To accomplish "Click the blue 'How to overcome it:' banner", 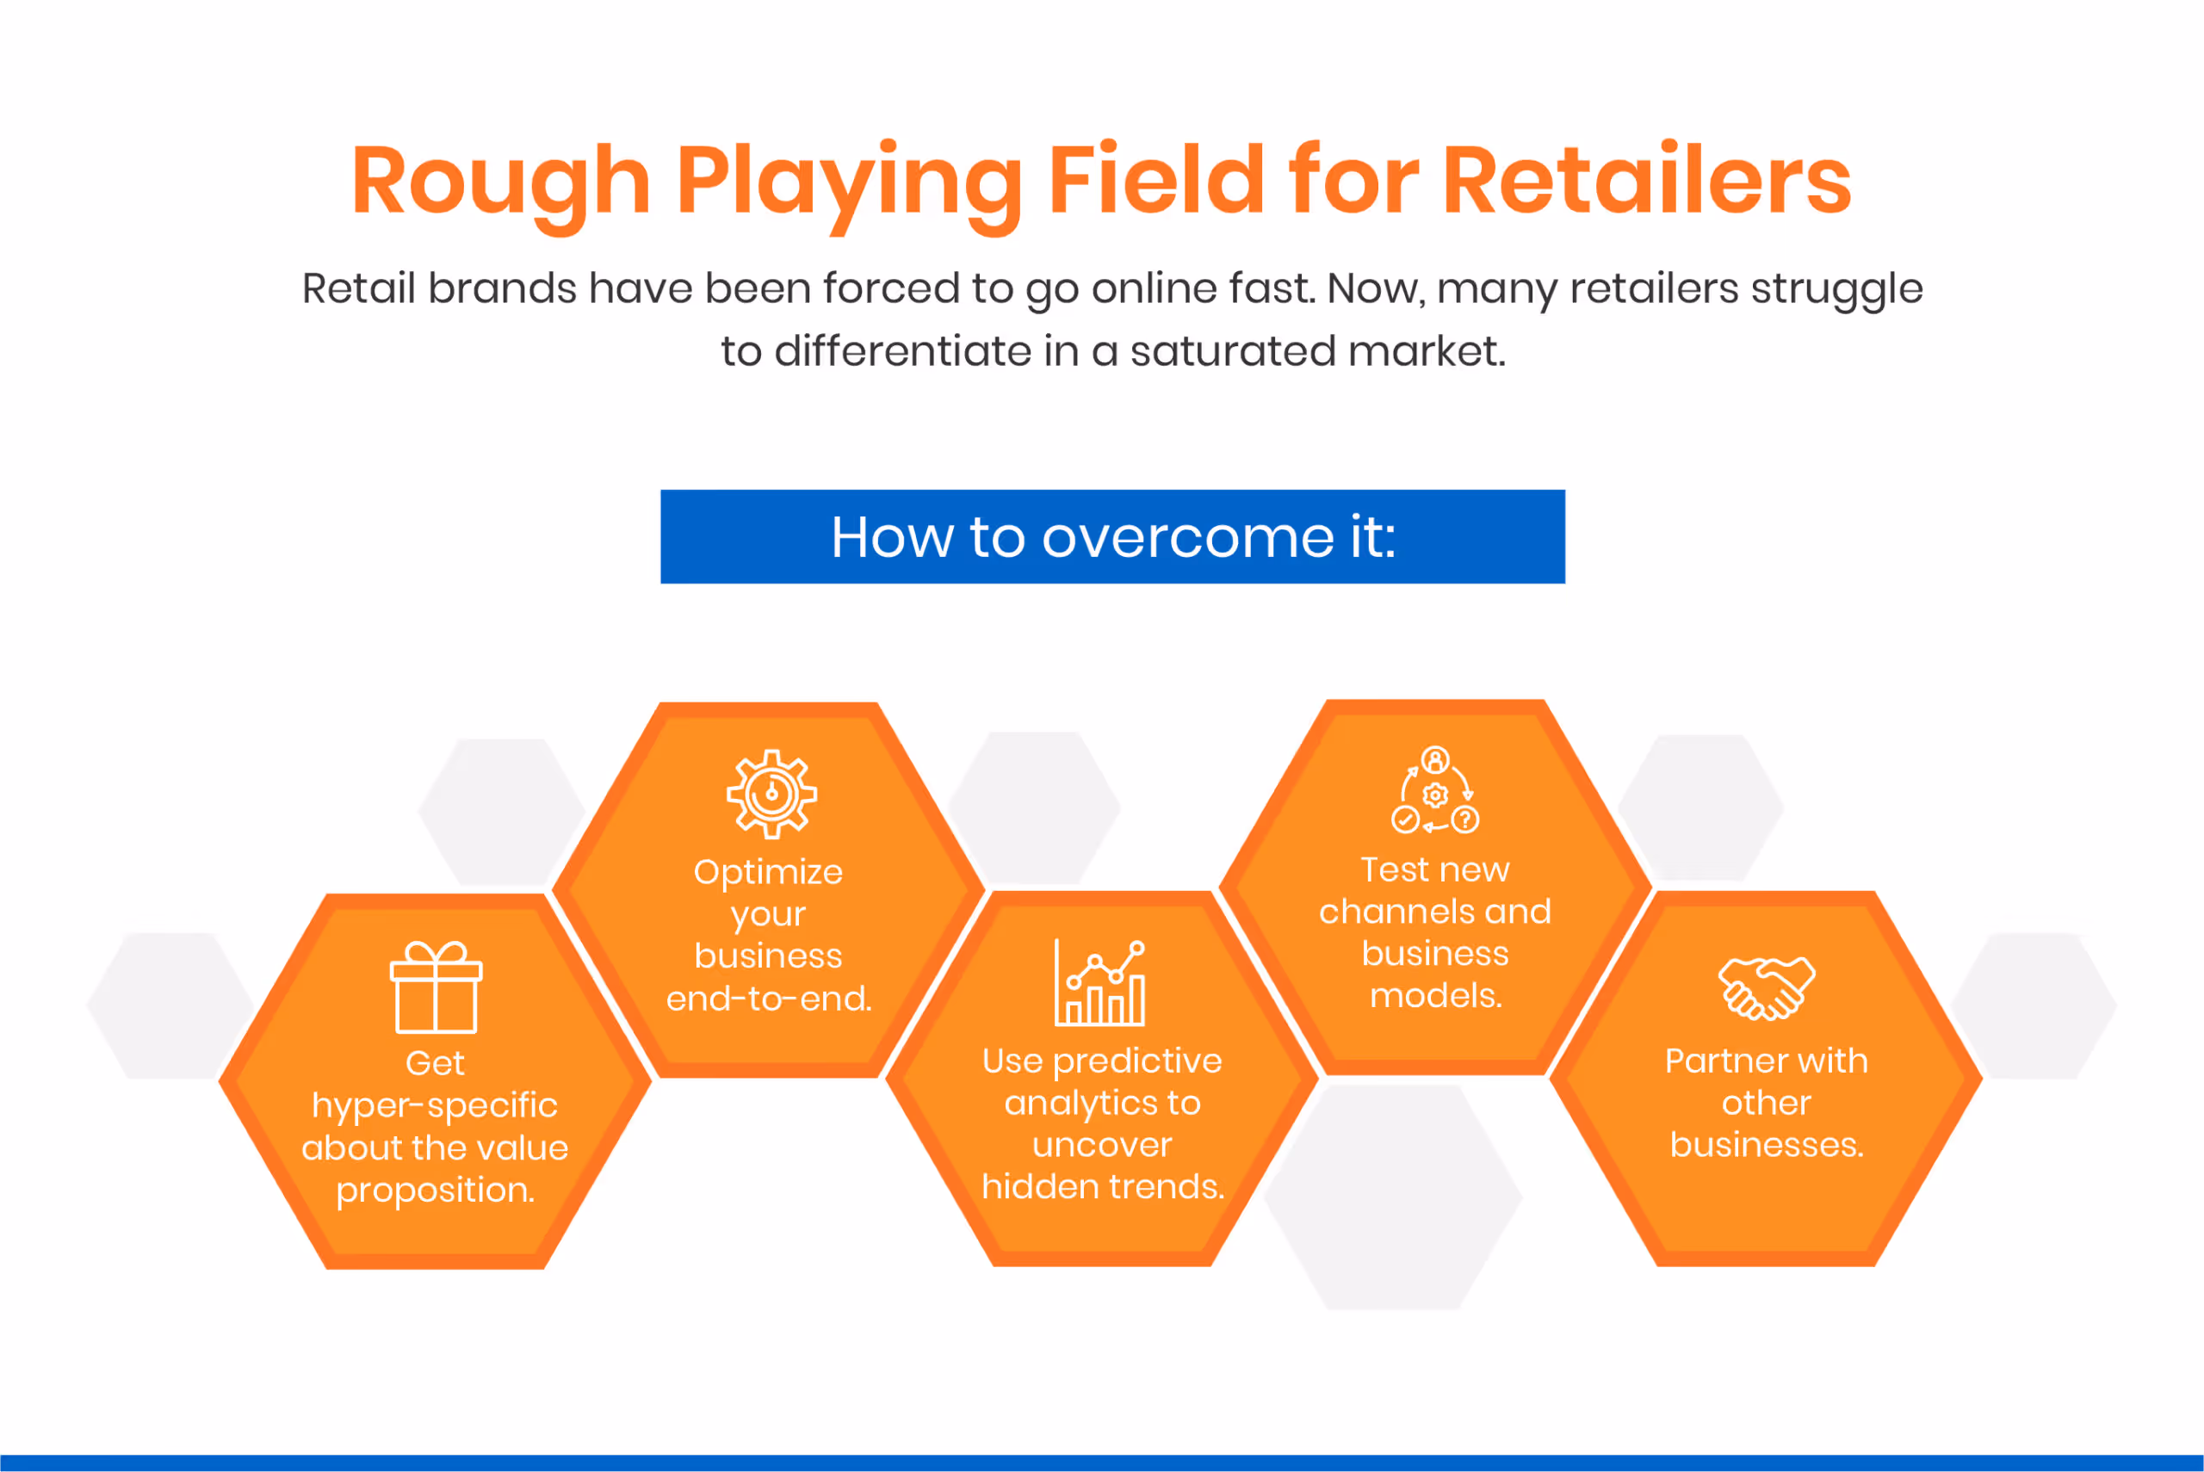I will pyautogui.click(x=1112, y=537).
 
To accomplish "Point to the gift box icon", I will pyautogui.click(x=436, y=986).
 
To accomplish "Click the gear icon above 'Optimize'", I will pyautogui.click(x=771, y=795).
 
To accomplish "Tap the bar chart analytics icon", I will pyautogui.click(x=1100, y=983).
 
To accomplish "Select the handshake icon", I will pyautogui.click(x=1766, y=987).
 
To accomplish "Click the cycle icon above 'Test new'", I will pyautogui.click(x=1434, y=790).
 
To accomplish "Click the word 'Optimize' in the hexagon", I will pyautogui.click(x=768, y=872).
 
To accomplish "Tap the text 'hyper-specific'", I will pyautogui.click(x=435, y=1106).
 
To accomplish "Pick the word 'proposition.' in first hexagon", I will pyautogui.click(x=436, y=1191).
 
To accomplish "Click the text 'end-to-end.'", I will pyautogui.click(x=769, y=999).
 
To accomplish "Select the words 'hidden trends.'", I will pyautogui.click(x=1103, y=1188).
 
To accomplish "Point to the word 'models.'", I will pyautogui.click(x=1435, y=996).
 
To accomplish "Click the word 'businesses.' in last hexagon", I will pyautogui.click(x=1766, y=1145).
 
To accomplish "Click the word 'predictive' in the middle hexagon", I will pyautogui.click(x=1136, y=1061).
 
